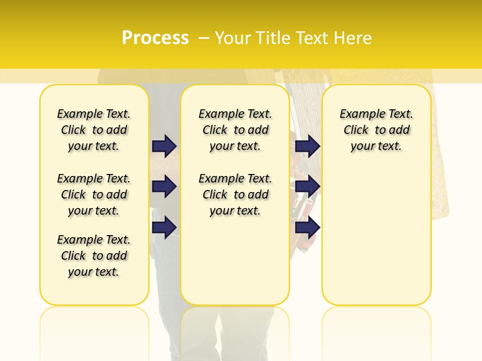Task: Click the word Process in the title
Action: click(155, 38)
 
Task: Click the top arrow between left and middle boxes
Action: click(164, 146)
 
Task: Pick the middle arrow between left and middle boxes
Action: click(164, 187)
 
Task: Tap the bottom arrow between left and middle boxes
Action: click(164, 227)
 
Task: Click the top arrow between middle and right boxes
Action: click(307, 146)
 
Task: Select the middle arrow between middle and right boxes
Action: click(307, 187)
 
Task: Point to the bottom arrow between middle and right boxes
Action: click(307, 227)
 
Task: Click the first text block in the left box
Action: click(94, 130)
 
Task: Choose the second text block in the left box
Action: click(94, 195)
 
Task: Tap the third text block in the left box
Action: click(94, 256)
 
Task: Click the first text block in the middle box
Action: click(235, 130)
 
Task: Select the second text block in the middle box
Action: click(235, 195)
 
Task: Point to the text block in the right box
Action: click(377, 130)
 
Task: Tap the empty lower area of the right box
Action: click(377, 236)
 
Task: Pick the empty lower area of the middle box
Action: click(235, 261)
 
